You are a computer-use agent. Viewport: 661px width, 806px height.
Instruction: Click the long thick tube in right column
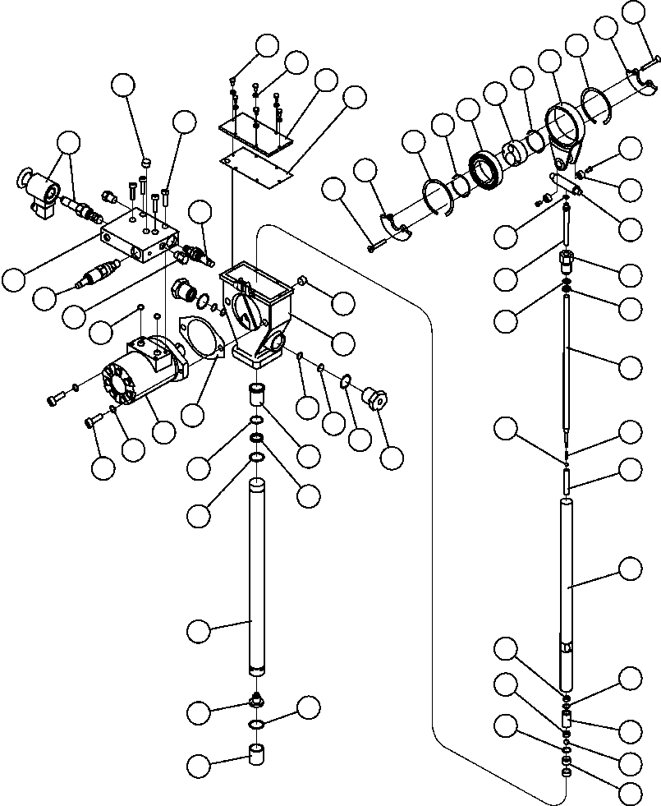(x=567, y=592)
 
